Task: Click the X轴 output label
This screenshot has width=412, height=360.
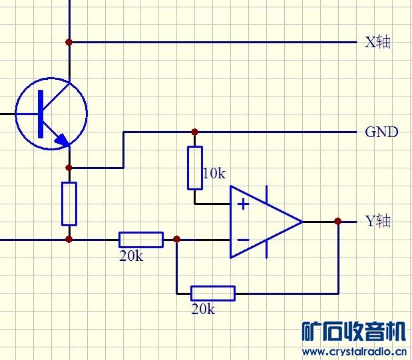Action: coord(377,43)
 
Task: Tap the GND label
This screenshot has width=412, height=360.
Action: coord(381,132)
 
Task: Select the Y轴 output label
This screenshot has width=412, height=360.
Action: coord(377,221)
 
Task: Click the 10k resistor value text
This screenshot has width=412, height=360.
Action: coord(214,174)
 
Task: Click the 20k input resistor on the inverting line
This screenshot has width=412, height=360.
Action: coord(141,240)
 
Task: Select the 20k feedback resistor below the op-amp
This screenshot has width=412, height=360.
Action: coord(213,293)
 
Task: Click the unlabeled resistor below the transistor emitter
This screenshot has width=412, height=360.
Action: coord(69,204)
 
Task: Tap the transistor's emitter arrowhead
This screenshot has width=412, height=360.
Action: coord(62,140)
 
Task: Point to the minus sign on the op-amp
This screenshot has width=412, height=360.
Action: coord(244,240)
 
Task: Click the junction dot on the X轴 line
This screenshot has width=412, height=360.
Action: coord(69,42)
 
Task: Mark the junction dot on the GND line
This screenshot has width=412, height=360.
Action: coord(194,132)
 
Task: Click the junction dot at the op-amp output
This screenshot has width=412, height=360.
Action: coord(337,222)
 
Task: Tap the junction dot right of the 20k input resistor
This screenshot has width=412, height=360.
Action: coord(176,240)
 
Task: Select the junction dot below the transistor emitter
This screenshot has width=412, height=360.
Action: coord(69,168)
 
